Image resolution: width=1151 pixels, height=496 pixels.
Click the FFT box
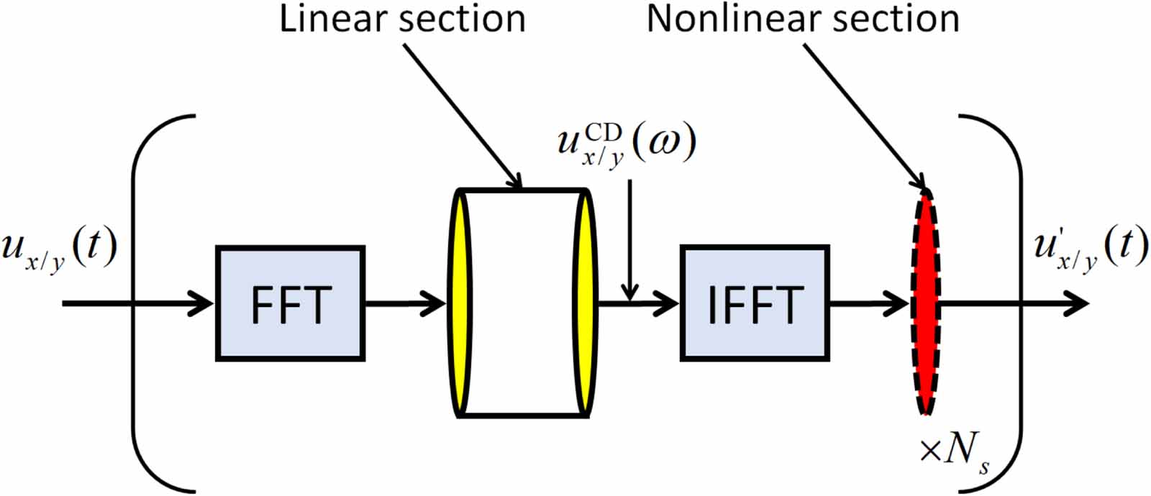point(290,303)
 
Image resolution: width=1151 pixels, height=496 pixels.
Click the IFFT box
point(755,303)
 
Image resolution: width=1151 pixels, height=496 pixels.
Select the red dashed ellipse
point(926,302)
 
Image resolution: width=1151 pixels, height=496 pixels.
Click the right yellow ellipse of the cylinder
point(586,302)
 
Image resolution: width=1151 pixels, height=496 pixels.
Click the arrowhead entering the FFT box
point(201,303)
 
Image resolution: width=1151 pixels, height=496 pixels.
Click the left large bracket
point(137,302)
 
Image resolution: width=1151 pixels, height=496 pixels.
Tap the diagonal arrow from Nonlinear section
point(863,115)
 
